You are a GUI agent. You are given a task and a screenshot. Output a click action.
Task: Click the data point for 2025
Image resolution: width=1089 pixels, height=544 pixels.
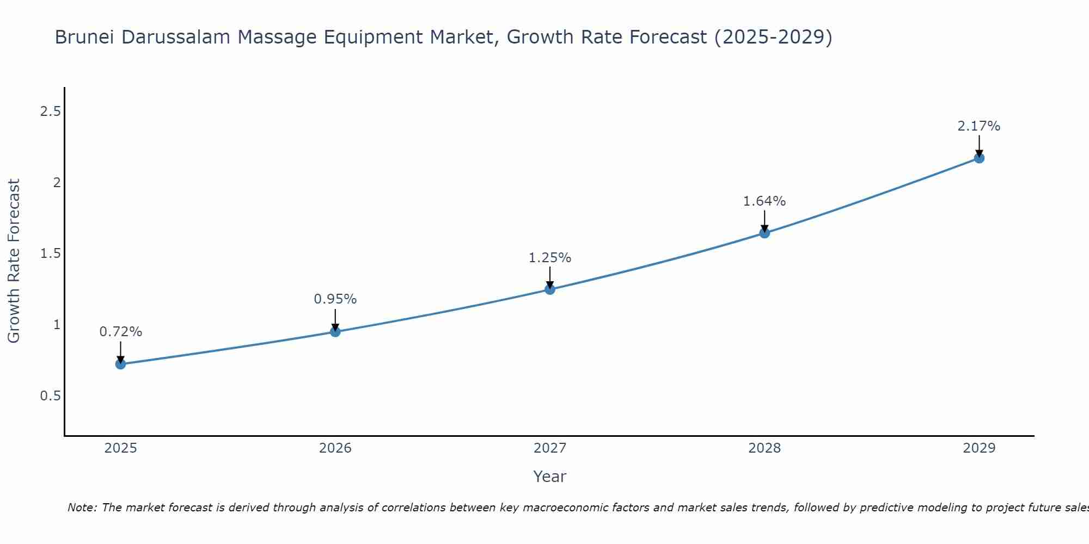coord(120,364)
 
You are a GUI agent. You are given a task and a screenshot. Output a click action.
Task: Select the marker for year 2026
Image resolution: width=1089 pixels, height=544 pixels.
coord(335,331)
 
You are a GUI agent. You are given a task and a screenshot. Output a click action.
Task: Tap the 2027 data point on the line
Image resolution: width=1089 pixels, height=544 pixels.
coord(550,289)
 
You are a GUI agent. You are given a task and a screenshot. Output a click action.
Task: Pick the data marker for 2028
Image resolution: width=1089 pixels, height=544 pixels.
coord(764,233)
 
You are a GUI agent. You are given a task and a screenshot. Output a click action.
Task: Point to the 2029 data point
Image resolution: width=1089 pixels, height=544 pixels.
coord(979,158)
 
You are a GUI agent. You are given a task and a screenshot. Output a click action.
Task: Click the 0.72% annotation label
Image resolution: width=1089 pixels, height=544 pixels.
coord(120,332)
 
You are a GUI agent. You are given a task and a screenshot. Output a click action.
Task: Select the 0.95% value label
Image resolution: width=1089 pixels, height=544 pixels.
coord(335,299)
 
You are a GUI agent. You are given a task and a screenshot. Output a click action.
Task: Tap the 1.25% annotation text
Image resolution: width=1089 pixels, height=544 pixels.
coord(550,258)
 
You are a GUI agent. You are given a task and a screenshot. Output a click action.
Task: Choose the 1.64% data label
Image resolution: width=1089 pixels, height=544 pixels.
coord(764,201)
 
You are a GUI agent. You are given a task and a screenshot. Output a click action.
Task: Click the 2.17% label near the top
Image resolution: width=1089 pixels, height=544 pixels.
coord(979,126)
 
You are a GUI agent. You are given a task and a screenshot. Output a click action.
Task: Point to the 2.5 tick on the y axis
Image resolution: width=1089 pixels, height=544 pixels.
coord(50,112)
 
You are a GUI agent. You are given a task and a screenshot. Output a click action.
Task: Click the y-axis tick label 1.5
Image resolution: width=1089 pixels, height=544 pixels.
coord(50,254)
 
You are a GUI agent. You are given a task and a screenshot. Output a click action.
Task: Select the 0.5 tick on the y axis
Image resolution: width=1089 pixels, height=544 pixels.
coord(50,395)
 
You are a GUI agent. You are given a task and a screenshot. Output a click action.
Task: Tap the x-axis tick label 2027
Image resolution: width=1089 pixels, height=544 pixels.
coord(550,448)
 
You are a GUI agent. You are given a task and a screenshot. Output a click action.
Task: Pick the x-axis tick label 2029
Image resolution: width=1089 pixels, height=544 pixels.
coord(979,448)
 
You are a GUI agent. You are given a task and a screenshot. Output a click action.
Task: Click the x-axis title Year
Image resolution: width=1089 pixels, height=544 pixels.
coord(550,477)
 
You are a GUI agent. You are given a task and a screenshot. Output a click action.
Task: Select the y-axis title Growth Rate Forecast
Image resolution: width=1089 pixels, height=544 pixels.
coord(14,261)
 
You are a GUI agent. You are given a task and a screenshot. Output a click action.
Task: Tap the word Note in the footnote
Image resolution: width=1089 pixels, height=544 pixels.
coord(82,508)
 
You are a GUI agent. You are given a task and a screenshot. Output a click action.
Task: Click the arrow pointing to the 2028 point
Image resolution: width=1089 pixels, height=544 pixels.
coord(764,220)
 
